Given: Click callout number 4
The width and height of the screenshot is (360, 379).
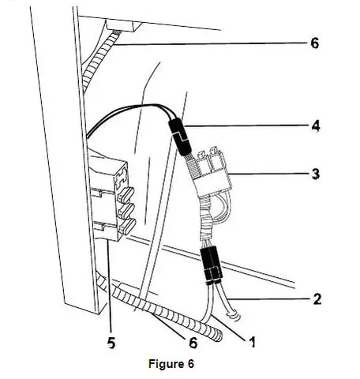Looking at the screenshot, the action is point(316,126).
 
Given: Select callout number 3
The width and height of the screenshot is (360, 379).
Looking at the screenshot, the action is point(316,174).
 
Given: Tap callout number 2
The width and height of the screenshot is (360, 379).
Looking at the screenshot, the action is point(317,299).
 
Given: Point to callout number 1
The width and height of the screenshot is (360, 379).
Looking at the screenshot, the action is point(252,343).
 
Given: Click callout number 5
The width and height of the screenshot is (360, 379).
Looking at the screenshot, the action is point(111,343).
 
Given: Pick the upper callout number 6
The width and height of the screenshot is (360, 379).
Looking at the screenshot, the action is point(315,43).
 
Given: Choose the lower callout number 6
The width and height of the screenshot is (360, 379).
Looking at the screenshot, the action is point(193,343).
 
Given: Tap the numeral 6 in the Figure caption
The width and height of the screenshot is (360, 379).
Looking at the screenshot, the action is point(191,364).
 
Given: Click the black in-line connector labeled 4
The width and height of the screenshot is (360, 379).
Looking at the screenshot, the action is point(180,137).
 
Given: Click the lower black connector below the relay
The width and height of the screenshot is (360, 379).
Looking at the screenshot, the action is point(211,266).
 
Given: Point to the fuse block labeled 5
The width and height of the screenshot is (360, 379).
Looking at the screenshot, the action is point(112,195).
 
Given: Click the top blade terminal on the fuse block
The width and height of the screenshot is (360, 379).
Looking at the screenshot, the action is point(127,195).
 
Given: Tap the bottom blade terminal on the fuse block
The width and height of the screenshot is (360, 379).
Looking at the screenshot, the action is point(127,227).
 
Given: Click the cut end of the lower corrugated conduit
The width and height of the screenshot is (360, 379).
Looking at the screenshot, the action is point(218,336).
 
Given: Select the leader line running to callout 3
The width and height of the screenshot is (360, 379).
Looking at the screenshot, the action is point(269,174).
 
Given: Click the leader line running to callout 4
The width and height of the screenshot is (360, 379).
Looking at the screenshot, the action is point(246,126).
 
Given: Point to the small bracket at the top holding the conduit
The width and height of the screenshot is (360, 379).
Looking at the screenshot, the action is point(123,26).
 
